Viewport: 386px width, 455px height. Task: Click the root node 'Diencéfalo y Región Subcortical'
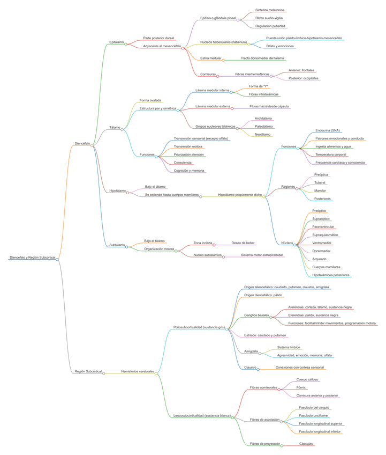tap(32, 258)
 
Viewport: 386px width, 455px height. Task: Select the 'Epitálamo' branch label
tap(116, 42)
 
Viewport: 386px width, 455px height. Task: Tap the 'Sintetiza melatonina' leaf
tap(270, 10)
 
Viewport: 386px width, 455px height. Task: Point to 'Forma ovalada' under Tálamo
tap(150, 100)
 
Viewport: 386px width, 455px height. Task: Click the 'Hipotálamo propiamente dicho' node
tap(240, 195)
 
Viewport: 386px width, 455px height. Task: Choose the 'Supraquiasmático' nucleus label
tap(325, 234)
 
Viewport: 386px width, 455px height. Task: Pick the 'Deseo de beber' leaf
tap(243, 243)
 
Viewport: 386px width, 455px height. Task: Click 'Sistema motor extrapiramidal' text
tap(262, 255)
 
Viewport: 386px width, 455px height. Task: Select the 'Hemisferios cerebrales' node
tap(137, 371)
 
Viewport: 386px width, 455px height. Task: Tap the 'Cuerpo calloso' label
tap(307, 379)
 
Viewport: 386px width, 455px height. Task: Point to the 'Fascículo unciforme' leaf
tap(314, 415)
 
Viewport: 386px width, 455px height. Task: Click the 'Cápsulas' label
tap(306, 444)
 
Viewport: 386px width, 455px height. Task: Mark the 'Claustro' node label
tap(250, 368)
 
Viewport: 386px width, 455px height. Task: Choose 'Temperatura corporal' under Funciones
tap(330, 154)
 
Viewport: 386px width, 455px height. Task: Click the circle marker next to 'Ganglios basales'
tap(271, 317)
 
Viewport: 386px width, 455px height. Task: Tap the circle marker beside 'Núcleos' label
tap(295, 243)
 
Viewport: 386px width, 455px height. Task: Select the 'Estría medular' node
tap(210, 58)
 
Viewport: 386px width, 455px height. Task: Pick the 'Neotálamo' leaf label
tap(262, 134)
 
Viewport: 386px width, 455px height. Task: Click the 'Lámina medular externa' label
tap(213, 106)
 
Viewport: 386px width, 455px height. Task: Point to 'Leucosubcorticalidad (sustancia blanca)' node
tap(202, 415)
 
